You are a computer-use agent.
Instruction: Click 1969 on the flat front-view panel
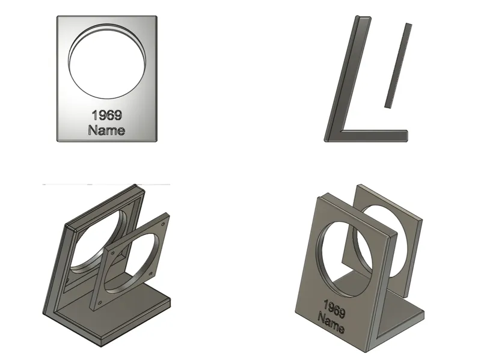coord(107,115)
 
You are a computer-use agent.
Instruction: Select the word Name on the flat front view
coord(106,130)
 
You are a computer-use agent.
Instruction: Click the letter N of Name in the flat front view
coord(93,130)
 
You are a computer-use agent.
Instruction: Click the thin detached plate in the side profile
coord(398,66)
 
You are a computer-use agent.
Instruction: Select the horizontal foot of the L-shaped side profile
coord(373,135)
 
